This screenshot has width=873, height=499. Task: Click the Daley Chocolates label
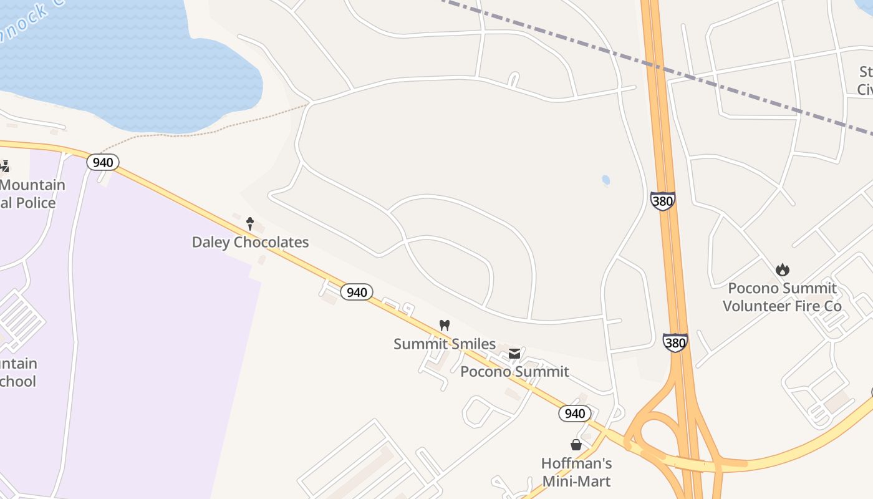click(250, 242)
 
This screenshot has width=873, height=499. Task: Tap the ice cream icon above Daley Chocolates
click(250, 223)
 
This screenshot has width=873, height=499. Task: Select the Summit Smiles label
click(445, 344)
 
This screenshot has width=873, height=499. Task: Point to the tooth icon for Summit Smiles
click(445, 325)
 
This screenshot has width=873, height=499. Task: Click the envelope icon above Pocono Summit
click(514, 354)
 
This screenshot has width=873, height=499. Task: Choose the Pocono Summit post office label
click(514, 372)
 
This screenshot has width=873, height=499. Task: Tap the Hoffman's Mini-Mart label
click(576, 472)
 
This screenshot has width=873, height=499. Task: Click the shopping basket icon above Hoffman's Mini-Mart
click(576, 445)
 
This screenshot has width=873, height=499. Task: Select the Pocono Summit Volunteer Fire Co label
click(782, 297)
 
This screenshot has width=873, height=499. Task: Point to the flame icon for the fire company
click(782, 269)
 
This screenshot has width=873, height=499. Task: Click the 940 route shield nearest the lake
click(102, 163)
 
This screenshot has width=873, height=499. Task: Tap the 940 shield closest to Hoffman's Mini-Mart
click(574, 414)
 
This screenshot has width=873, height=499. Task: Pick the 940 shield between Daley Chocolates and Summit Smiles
click(357, 292)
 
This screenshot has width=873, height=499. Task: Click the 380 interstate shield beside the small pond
click(662, 201)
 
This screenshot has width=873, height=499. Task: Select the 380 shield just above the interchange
click(675, 342)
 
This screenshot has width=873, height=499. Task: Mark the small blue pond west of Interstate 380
click(605, 180)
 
